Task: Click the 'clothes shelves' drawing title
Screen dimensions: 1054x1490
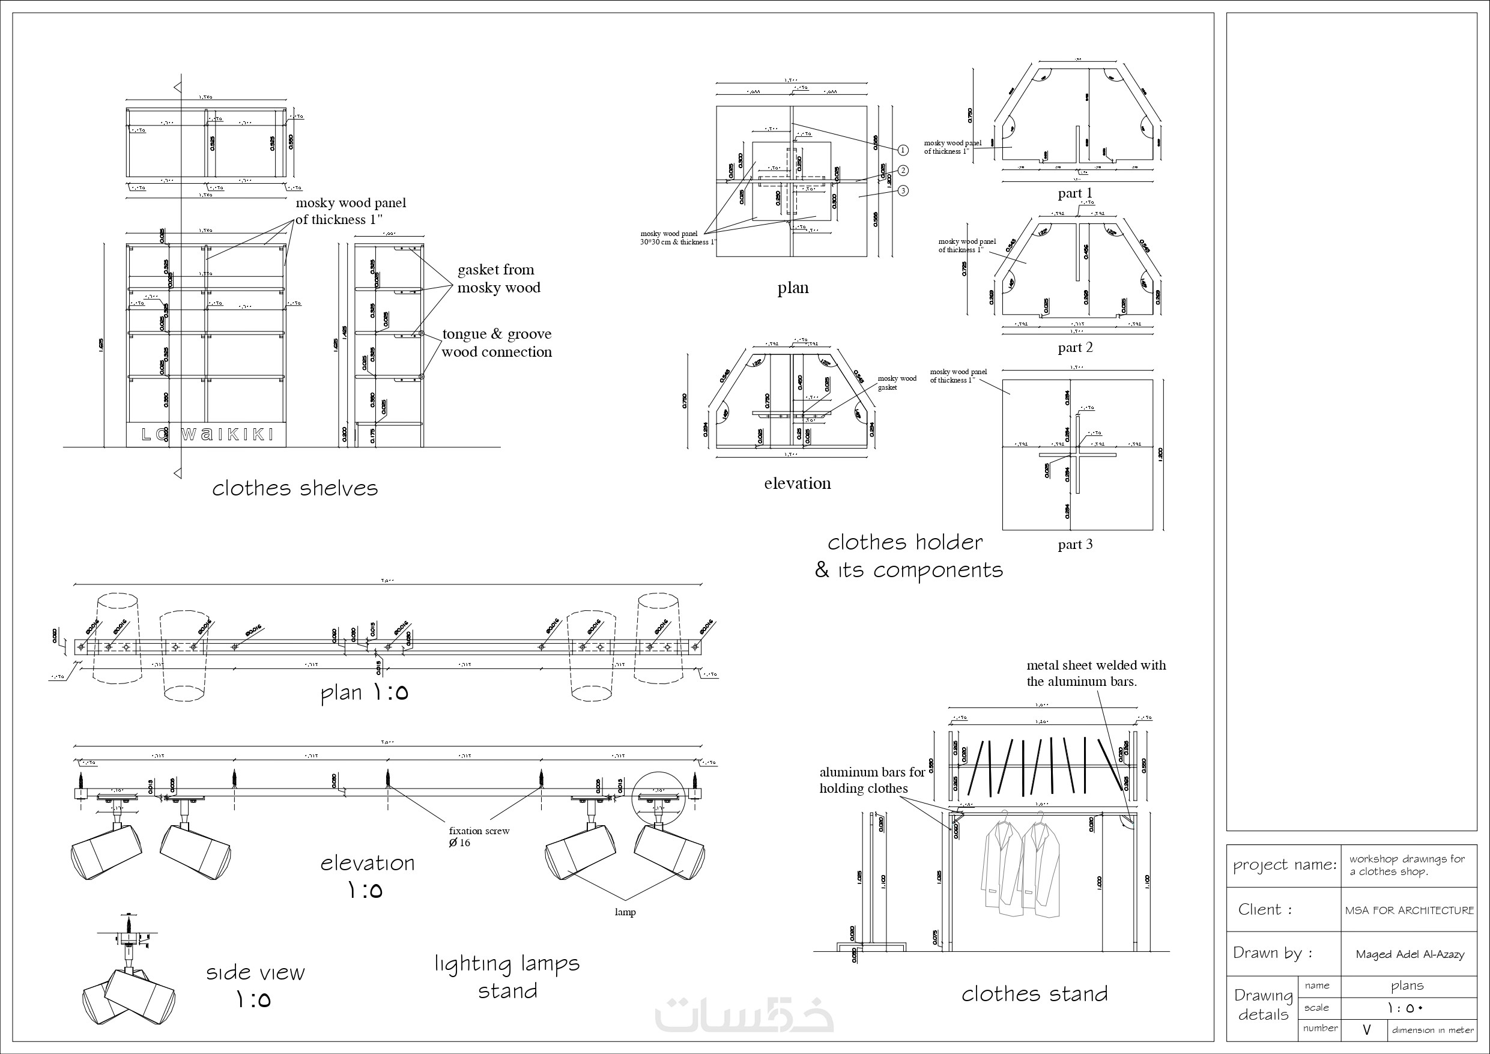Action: (x=295, y=488)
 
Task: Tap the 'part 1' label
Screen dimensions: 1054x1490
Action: (x=1074, y=193)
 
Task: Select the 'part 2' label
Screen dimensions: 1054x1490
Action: (x=1074, y=347)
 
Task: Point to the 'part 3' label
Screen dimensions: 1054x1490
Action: (x=1074, y=544)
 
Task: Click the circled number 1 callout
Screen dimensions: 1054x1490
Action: (x=903, y=150)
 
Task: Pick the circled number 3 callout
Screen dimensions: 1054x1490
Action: (x=903, y=191)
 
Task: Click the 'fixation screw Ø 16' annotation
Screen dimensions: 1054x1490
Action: (x=479, y=837)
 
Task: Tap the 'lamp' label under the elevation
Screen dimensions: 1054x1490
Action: (x=625, y=912)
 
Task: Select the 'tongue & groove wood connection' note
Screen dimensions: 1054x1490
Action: (x=497, y=343)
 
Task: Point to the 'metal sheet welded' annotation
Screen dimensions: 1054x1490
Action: (x=1095, y=673)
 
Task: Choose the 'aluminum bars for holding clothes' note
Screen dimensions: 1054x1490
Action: (x=871, y=780)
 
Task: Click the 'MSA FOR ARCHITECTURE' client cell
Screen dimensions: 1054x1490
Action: (x=1409, y=910)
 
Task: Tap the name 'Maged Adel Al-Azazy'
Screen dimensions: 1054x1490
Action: (x=1410, y=954)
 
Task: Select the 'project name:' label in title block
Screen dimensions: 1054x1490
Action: (x=1284, y=865)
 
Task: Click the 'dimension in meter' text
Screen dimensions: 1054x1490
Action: (x=1432, y=1030)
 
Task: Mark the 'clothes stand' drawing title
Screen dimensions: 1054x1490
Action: (x=1034, y=993)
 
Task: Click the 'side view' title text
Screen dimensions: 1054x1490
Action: (x=255, y=972)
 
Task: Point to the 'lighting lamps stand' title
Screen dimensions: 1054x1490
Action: (x=507, y=977)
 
